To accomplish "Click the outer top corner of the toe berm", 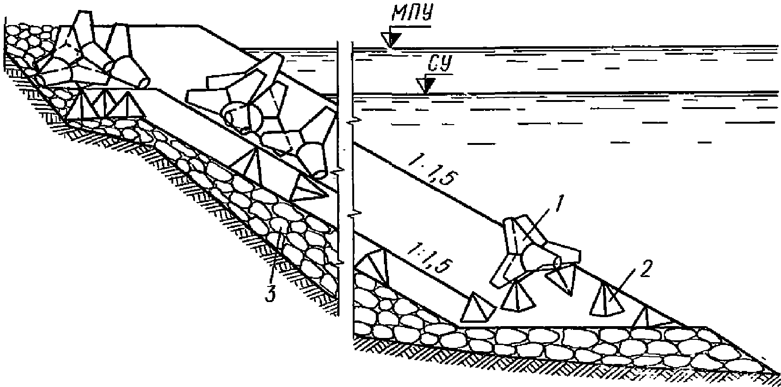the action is pos(706,327).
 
